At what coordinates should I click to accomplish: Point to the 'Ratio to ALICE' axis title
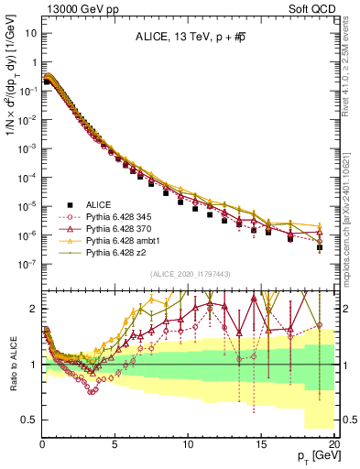pyautogui.click(x=12, y=364)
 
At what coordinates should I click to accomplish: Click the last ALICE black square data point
pyautogui.click(x=320, y=247)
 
